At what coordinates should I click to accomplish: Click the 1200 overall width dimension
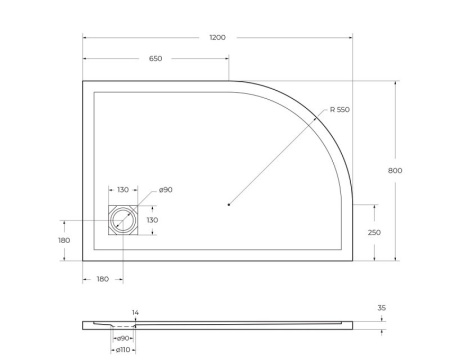(x=217, y=37)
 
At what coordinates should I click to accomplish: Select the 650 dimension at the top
(x=156, y=58)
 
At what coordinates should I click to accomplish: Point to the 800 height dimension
(x=395, y=171)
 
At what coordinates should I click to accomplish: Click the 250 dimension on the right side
(x=373, y=232)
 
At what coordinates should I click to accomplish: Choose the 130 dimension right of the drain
(x=153, y=220)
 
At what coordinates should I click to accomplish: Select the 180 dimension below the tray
(x=102, y=280)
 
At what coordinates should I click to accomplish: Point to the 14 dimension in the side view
(x=135, y=313)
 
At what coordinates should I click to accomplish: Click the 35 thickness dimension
(x=382, y=309)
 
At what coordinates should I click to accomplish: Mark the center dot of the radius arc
(x=229, y=205)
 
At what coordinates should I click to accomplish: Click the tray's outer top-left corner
(x=82, y=81)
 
